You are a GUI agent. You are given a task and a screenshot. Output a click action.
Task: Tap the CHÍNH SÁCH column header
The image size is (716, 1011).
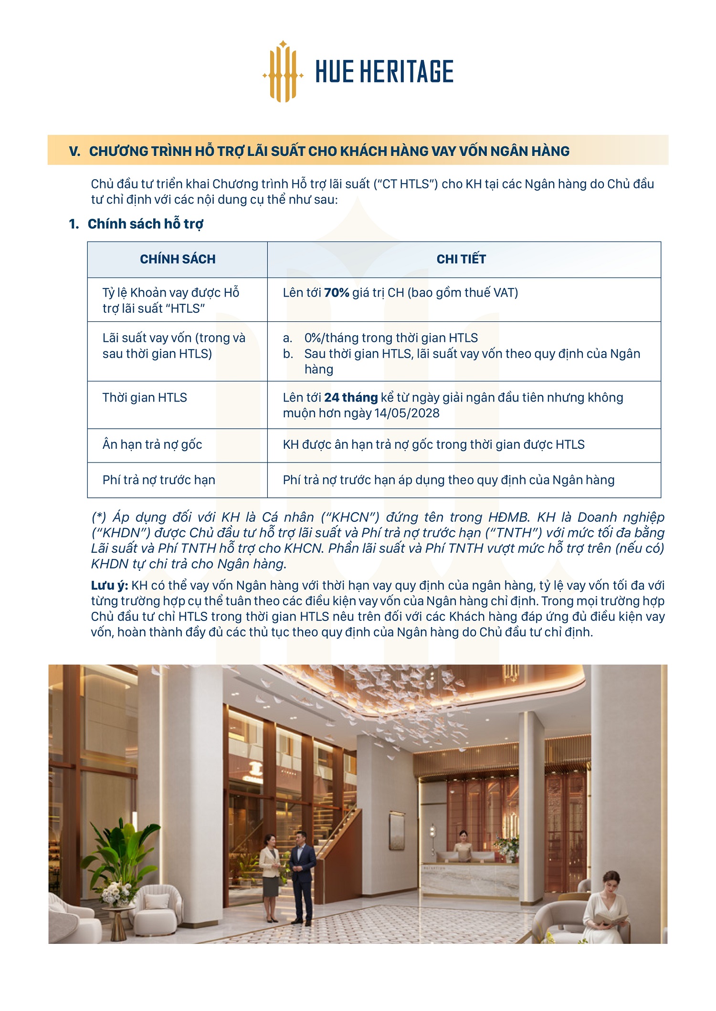(178, 259)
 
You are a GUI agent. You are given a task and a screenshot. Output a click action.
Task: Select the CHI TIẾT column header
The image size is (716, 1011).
(461, 259)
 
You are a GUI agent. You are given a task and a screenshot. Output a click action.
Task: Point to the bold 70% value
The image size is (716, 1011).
(337, 293)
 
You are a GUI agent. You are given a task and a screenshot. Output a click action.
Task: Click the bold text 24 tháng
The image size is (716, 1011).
(351, 398)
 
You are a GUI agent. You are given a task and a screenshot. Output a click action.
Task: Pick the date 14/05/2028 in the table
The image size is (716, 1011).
(407, 413)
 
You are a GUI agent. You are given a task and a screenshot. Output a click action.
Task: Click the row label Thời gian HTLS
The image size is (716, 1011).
(145, 398)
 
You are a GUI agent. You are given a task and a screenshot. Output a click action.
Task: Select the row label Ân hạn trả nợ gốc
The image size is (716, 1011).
(152, 445)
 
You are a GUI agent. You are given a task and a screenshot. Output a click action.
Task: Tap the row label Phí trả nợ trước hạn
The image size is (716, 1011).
(158, 480)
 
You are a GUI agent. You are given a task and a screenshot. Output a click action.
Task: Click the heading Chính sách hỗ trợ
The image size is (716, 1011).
(145, 224)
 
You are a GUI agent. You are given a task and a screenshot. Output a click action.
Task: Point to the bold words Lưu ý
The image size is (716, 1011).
(109, 586)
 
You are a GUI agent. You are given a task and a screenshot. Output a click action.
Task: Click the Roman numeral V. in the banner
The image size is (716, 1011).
(74, 152)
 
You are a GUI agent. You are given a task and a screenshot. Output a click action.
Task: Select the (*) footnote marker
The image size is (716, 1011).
(99, 517)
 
